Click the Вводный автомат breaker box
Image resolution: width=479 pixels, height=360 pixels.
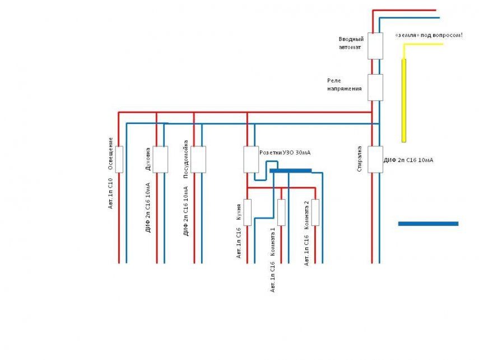[x=375, y=46]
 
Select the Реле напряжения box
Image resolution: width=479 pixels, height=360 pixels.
[x=375, y=87]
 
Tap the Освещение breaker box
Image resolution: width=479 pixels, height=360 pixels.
[x=119, y=159]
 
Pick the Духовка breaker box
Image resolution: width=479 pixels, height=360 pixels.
[x=160, y=159]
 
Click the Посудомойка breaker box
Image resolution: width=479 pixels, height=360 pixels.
[x=198, y=159]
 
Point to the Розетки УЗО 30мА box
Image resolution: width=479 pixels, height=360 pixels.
[x=250, y=159]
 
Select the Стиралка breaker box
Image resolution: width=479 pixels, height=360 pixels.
[x=375, y=160]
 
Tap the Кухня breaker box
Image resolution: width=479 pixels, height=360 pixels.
[x=247, y=213]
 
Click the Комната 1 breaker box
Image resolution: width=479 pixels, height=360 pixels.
[x=281, y=213]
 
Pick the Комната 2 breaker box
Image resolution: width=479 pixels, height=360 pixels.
[x=315, y=213]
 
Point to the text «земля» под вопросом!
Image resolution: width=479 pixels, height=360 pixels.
[x=429, y=35]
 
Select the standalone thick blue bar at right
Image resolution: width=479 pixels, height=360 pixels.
[x=428, y=224]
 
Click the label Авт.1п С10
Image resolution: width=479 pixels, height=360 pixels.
[x=111, y=193]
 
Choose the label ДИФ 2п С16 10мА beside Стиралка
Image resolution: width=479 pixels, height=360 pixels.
[x=408, y=160]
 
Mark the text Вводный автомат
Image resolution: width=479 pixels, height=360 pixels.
[x=351, y=43]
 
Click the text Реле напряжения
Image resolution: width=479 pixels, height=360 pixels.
[x=345, y=85]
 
